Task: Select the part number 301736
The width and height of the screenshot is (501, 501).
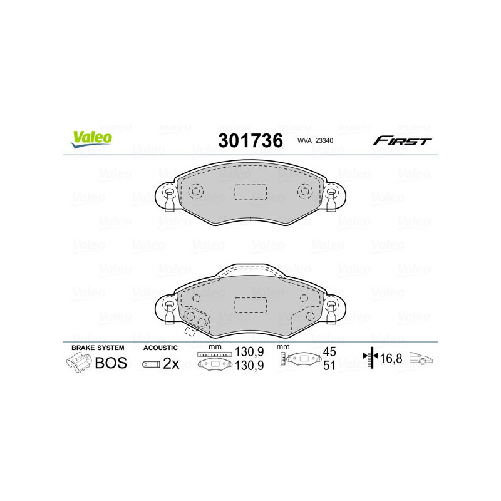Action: coord(250,140)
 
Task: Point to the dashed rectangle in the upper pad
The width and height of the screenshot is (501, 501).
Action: coord(250,192)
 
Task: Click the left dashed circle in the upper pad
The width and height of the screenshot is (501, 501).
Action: coord(196,191)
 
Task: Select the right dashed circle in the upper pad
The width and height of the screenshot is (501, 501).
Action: coord(305,191)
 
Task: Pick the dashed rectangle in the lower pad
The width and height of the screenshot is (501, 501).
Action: coord(250,305)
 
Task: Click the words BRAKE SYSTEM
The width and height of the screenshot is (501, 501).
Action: coord(98,348)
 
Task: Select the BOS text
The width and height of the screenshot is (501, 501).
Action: coord(110,363)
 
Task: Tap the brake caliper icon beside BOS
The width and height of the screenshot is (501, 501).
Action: coord(78,363)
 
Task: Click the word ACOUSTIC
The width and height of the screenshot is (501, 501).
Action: coord(161,348)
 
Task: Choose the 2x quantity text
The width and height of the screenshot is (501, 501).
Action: coord(171,363)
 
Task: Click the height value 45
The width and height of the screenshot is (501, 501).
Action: coord(329,353)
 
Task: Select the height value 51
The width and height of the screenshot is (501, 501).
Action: coord(329,366)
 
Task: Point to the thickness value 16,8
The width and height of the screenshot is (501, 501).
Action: coord(392,358)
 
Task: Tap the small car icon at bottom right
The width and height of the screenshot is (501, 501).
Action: coord(421,359)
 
